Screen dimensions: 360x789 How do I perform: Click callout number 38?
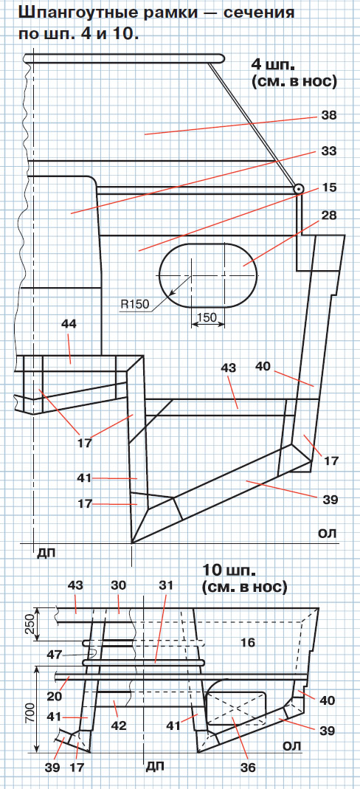(329, 115)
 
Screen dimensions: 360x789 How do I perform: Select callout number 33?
(329, 151)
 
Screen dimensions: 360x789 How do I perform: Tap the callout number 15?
(329, 187)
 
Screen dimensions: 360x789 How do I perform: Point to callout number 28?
(329, 216)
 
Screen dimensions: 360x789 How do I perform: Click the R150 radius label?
(135, 304)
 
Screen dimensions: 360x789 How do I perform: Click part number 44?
(69, 325)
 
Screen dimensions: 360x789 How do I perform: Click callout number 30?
(120, 586)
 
